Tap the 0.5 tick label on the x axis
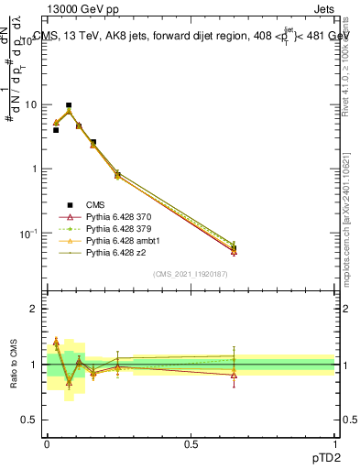point(191,444)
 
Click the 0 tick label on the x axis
point(47,444)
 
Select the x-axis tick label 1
point(335,444)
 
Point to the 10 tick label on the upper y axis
point(31,104)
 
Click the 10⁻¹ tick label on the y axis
point(29,234)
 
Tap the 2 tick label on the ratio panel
point(36,309)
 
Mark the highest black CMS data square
point(69,105)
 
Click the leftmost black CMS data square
point(56,130)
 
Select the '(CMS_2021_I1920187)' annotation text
point(191,276)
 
